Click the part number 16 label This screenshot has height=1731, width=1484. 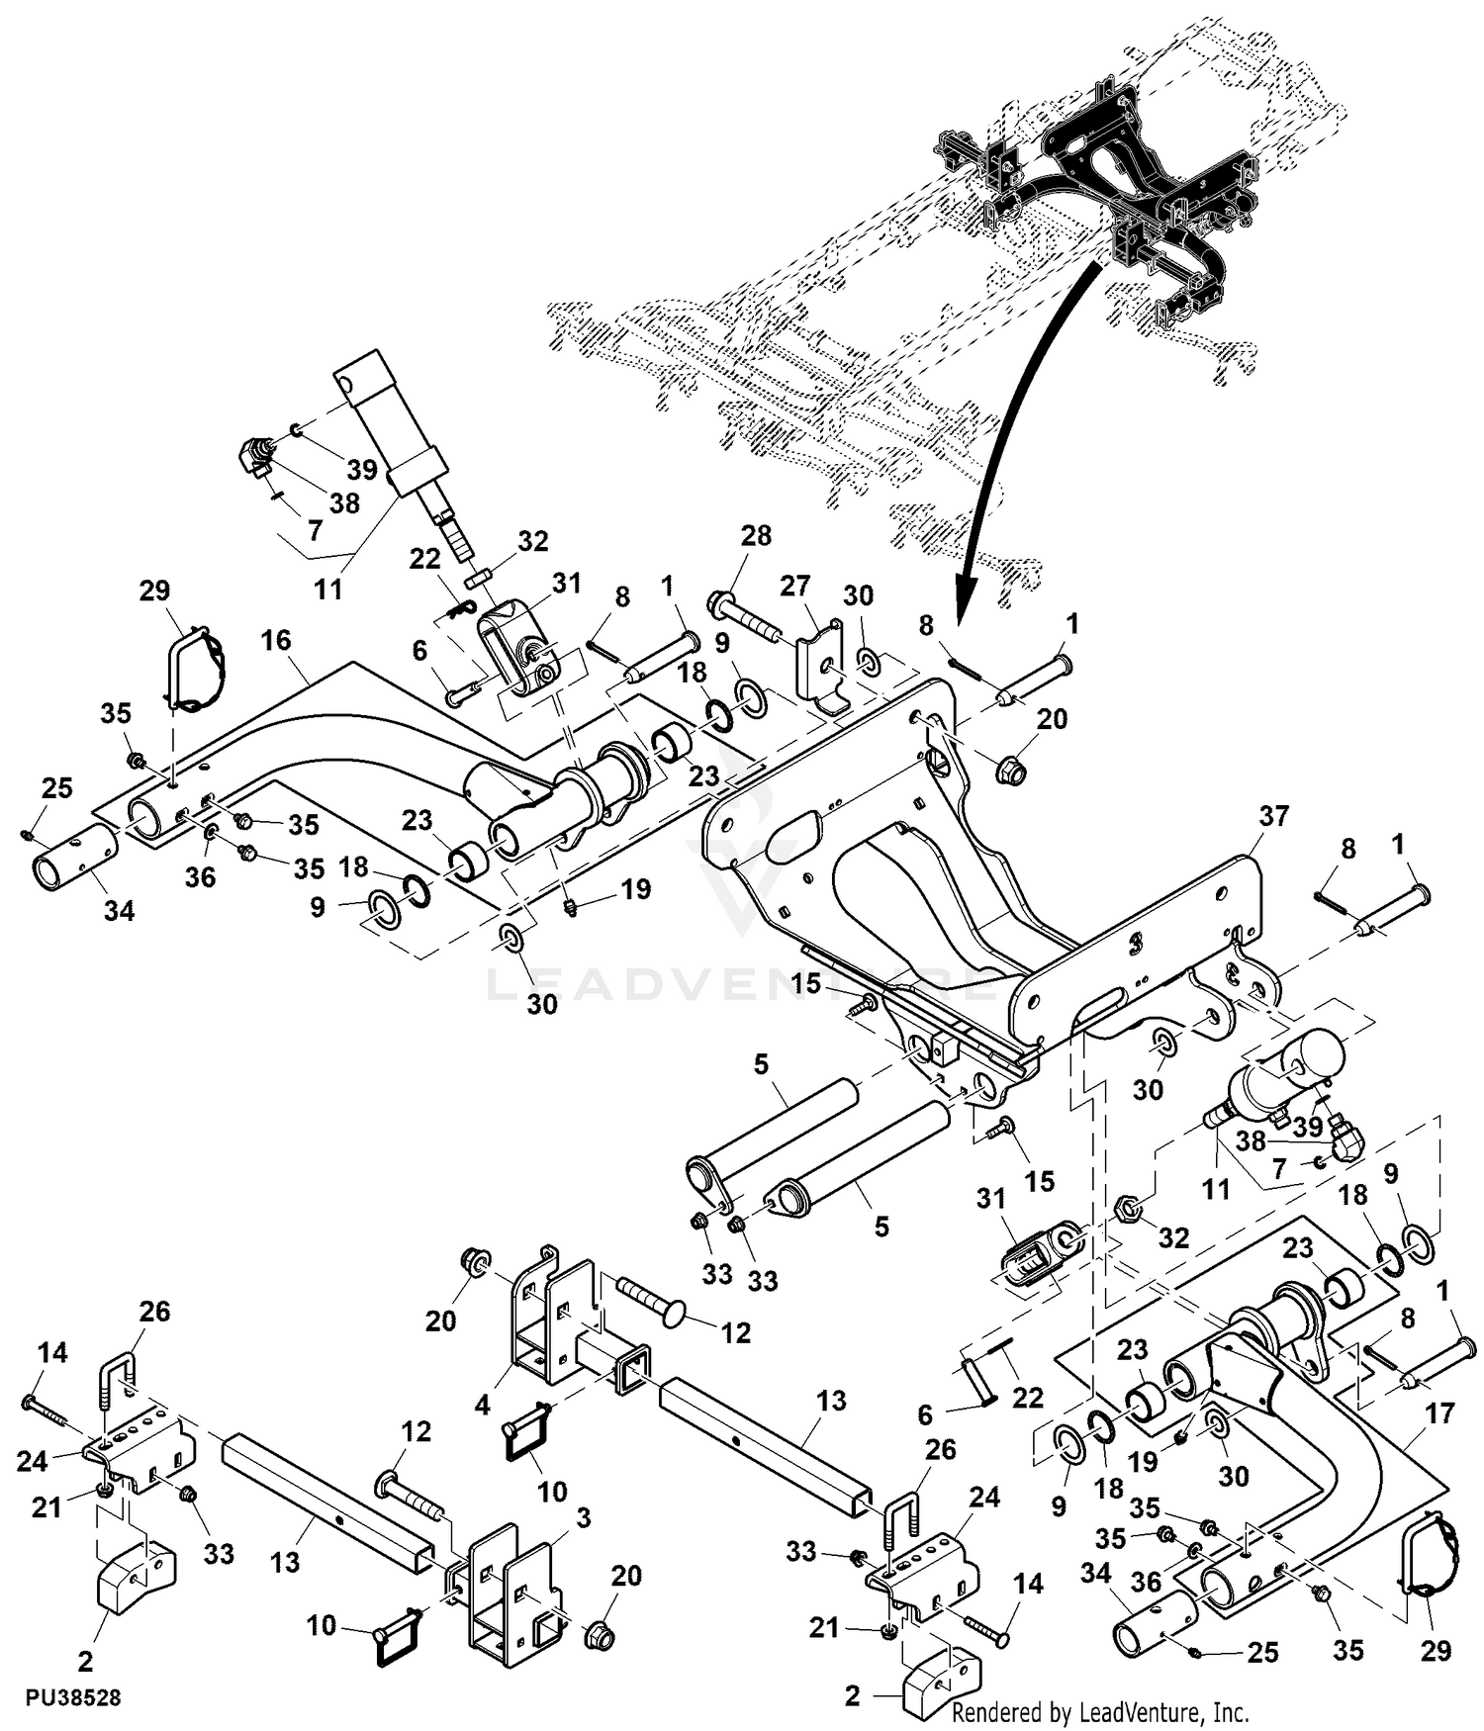(x=276, y=640)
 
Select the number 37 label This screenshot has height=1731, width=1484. (x=1274, y=816)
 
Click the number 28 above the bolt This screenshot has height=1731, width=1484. (x=756, y=535)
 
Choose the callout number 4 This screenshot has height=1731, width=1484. (x=482, y=1404)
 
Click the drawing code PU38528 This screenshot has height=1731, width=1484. (x=73, y=1697)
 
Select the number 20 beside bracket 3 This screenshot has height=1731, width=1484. (x=626, y=1575)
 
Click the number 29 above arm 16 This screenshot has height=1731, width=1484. (x=154, y=591)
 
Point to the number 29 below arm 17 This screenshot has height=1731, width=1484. (x=1436, y=1650)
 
